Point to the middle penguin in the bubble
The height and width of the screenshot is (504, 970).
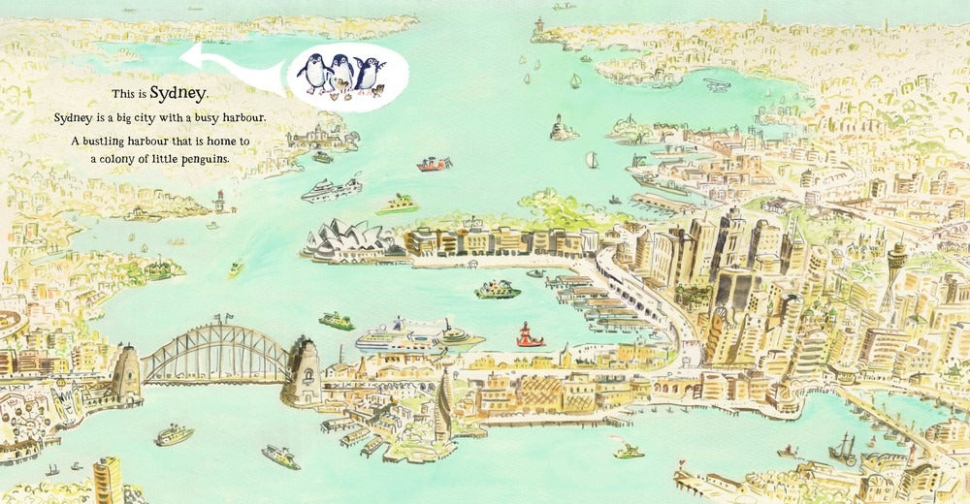(340, 74)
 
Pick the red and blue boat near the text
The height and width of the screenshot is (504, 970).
(434, 164)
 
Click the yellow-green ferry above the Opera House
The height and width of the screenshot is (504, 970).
(397, 204)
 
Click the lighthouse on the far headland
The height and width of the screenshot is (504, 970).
(537, 28)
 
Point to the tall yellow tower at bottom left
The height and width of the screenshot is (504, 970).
(107, 480)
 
